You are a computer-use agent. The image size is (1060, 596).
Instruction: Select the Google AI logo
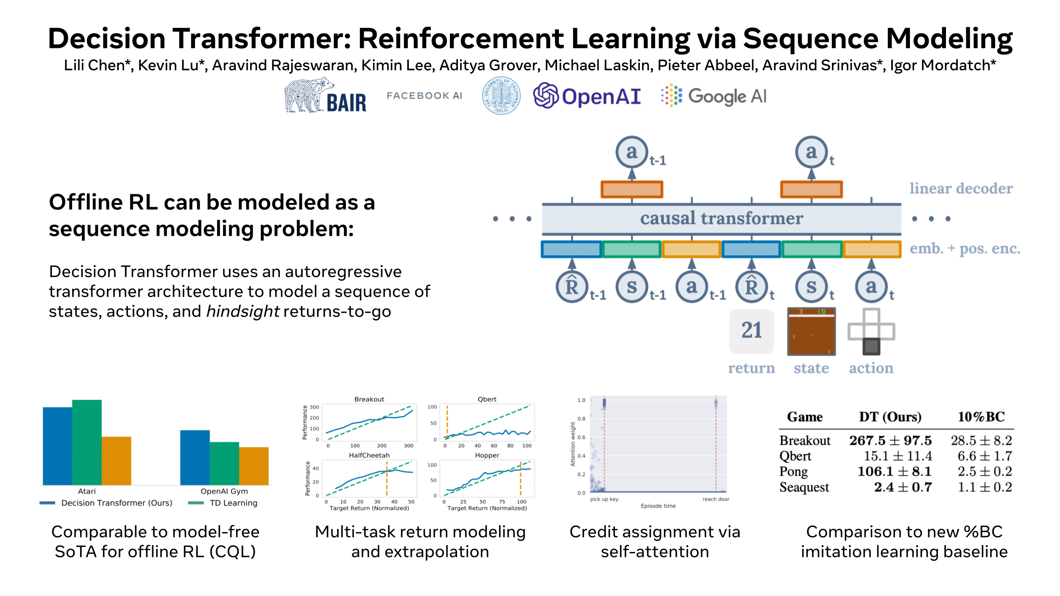(x=714, y=96)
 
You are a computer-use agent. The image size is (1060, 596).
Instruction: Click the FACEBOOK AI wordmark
(x=424, y=96)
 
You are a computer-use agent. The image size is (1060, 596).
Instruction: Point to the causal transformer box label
(x=721, y=218)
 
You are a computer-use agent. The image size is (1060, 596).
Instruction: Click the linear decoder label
(x=961, y=188)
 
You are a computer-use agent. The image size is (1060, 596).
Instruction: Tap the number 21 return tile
(x=751, y=331)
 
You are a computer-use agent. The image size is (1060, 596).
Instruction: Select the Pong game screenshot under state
(x=811, y=331)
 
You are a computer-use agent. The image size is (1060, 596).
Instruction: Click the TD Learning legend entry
(x=233, y=503)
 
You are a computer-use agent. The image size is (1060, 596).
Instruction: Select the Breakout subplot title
(x=369, y=399)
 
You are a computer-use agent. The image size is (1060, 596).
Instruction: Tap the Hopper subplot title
(x=487, y=455)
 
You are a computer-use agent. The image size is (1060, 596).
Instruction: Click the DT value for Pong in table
(x=894, y=471)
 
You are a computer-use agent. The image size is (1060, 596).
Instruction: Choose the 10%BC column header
(x=981, y=417)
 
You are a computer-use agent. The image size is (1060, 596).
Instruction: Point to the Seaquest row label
(x=804, y=487)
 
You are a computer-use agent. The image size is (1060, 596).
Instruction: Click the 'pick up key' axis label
(x=604, y=499)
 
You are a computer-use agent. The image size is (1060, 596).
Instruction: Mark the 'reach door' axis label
(x=716, y=499)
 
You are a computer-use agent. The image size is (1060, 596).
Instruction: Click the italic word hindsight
(x=243, y=312)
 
